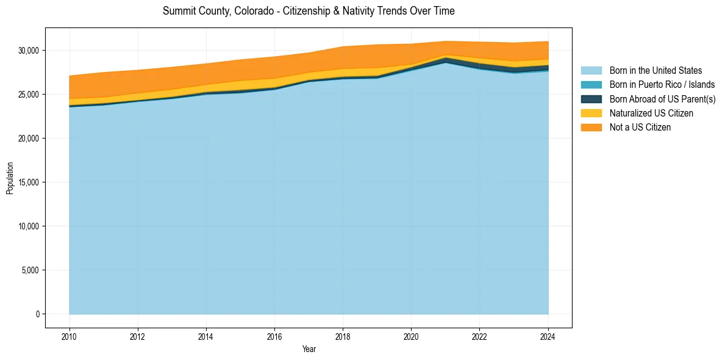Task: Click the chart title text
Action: (309, 11)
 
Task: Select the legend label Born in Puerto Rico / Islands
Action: (662, 85)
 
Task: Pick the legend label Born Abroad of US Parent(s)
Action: (662, 99)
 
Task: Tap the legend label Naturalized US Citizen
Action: (651, 113)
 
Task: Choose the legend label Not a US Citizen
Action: (640, 128)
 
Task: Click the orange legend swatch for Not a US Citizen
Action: (591, 128)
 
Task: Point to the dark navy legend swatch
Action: (591, 99)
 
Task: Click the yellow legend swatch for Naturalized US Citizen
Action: (591, 113)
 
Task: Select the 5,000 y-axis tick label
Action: (32, 270)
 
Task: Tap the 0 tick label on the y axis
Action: (38, 314)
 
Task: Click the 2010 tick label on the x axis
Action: (70, 336)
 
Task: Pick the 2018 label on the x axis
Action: (343, 336)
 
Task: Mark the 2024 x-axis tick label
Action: (548, 336)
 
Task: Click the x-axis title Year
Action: (309, 349)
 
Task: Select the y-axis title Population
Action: (10, 178)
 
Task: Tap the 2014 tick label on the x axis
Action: (206, 336)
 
